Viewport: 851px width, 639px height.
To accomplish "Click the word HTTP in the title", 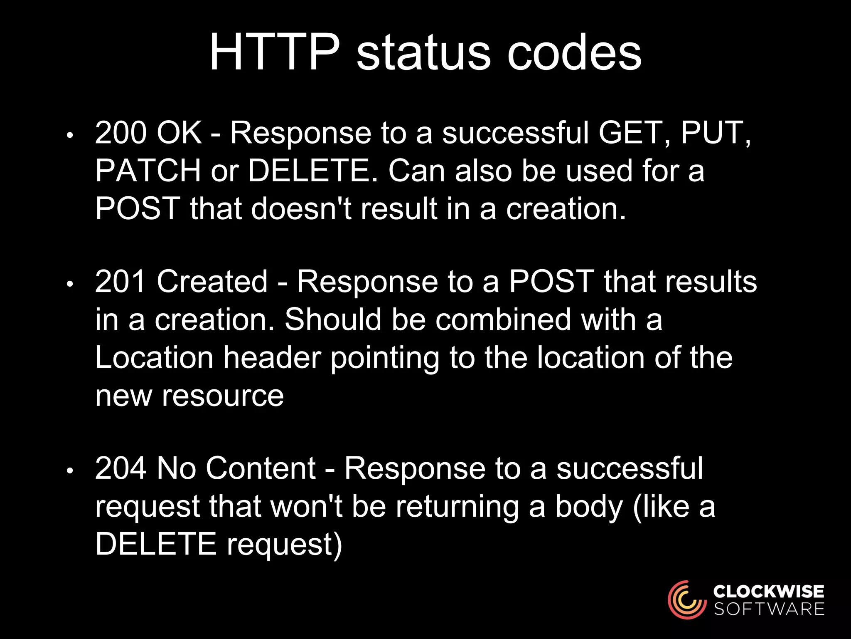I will pyautogui.click(x=275, y=53).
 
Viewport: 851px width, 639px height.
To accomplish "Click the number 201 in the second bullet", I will pyautogui.click(x=121, y=282).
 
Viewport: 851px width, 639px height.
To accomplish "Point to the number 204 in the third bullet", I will pyautogui.click(x=121, y=468).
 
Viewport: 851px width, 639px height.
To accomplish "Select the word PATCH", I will pyautogui.click(x=148, y=171).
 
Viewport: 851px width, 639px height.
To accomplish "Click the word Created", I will pyautogui.click(x=212, y=282).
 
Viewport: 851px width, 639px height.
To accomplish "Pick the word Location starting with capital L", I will pyautogui.click(x=154, y=358).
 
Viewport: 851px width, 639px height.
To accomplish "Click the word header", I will pyautogui.click(x=272, y=358).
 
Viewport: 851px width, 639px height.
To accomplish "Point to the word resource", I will pyautogui.click(x=223, y=396).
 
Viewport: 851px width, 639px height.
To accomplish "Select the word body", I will pyautogui.click(x=589, y=507).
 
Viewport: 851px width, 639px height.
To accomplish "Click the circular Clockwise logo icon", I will pyautogui.click(x=687, y=600).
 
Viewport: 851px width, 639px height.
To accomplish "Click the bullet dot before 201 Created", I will pyautogui.click(x=70, y=285).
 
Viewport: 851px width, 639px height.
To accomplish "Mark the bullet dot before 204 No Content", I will pyautogui.click(x=70, y=471).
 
